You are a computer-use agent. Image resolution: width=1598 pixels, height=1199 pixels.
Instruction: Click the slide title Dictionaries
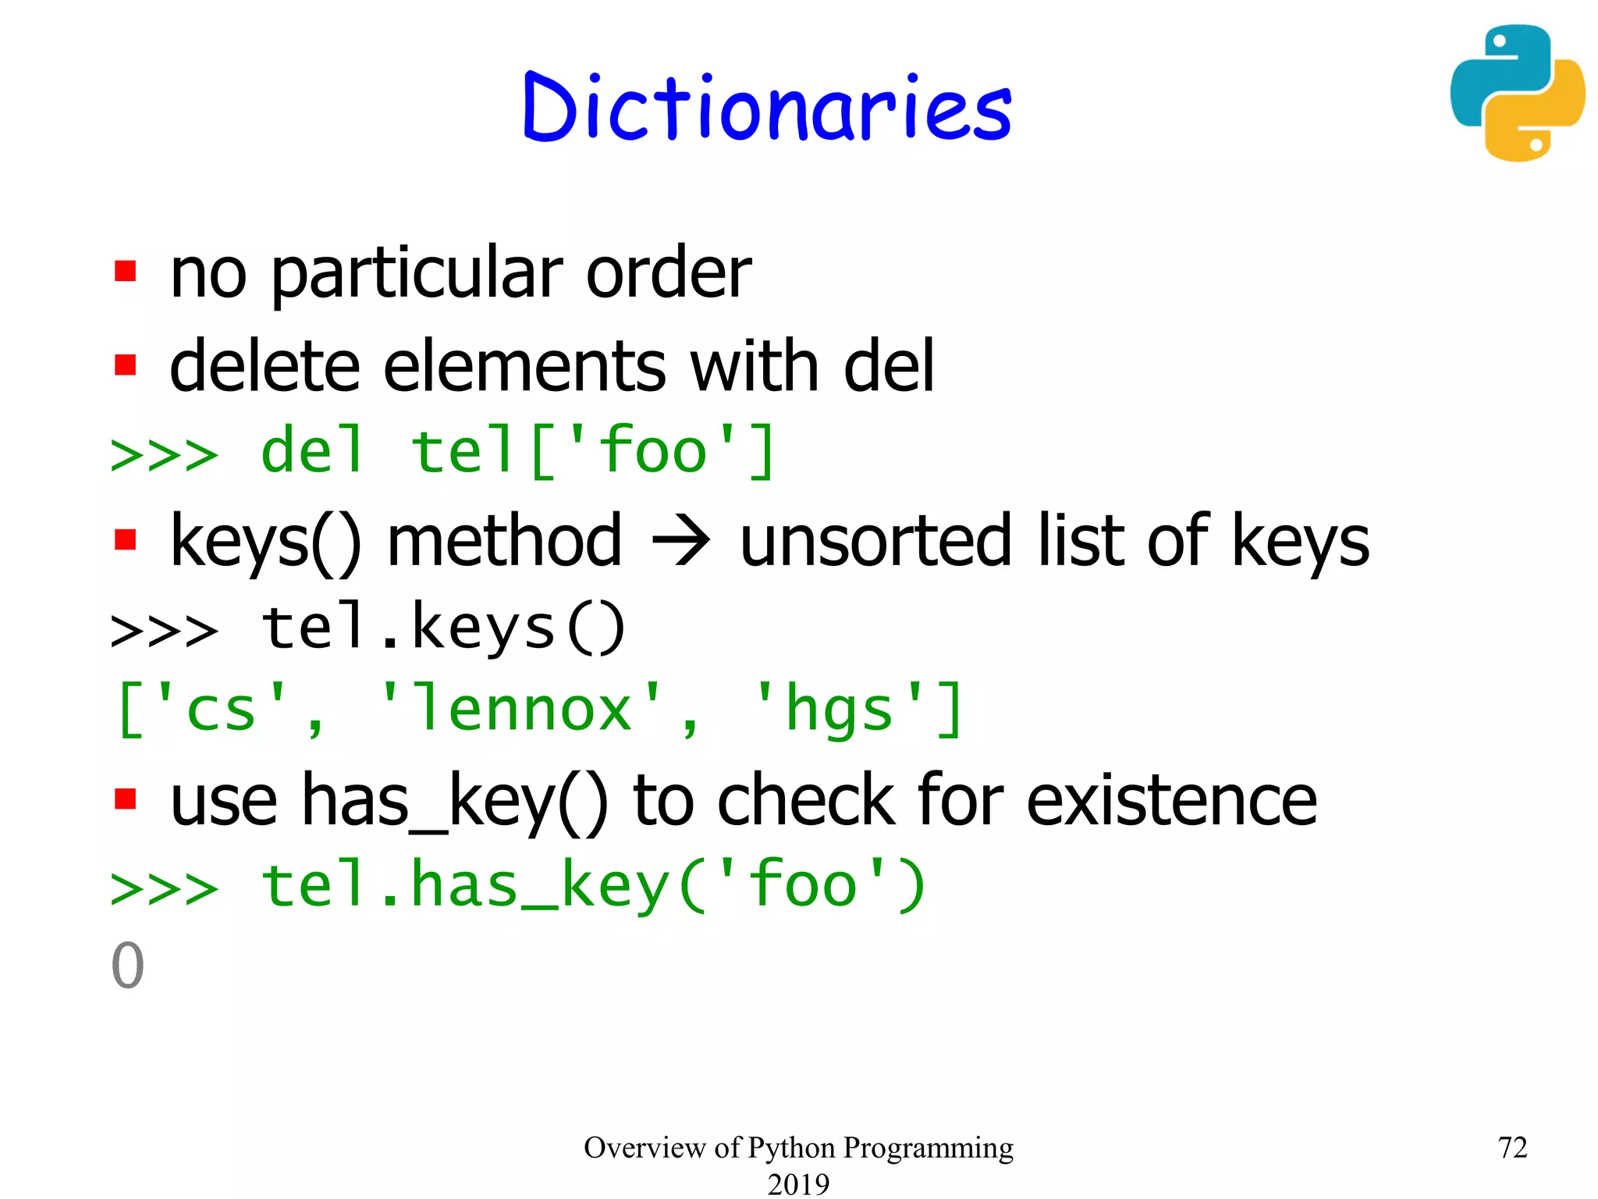pos(767,108)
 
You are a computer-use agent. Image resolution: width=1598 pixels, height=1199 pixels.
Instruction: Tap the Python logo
pos(1517,94)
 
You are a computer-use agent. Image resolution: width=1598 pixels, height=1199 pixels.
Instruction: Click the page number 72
pos(1512,1147)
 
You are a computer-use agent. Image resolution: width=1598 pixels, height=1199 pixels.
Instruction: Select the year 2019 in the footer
pos(798,1183)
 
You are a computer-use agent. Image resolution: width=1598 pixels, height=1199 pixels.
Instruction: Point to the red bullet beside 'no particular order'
pos(126,272)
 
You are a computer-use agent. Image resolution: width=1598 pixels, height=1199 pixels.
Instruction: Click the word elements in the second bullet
pos(524,367)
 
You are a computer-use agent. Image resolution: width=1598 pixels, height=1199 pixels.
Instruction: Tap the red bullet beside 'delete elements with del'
pos(126,365)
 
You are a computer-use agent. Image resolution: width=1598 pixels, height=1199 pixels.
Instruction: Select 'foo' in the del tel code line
pos(652,452)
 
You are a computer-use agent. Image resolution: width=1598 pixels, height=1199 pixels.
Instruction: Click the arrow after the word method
pos(680,540)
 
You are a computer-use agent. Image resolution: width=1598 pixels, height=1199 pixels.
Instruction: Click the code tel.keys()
pos(443,628)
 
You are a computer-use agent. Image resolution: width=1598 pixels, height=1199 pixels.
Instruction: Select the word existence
pos(1171,801)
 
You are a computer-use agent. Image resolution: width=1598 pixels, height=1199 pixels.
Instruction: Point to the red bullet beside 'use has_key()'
pos(126,799)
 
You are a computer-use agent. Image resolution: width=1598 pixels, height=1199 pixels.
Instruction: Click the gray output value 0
pos(128,966)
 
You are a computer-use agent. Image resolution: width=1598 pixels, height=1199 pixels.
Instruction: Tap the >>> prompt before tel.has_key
pos(165,888)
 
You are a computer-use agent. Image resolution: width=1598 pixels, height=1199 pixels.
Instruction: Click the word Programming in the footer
pos(928,1148)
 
